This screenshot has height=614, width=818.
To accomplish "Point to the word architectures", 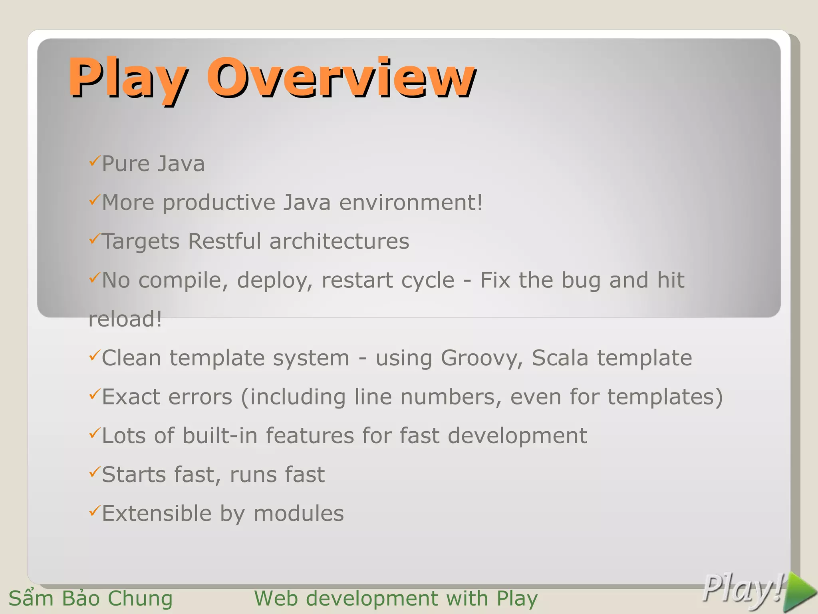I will [339, 241].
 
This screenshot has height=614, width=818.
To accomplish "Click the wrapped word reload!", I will [125, 319].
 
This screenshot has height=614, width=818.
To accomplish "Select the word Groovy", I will [482, 358].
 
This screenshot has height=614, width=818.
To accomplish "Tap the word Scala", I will [560, 357].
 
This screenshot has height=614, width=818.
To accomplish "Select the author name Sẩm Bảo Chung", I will [91, 598].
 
